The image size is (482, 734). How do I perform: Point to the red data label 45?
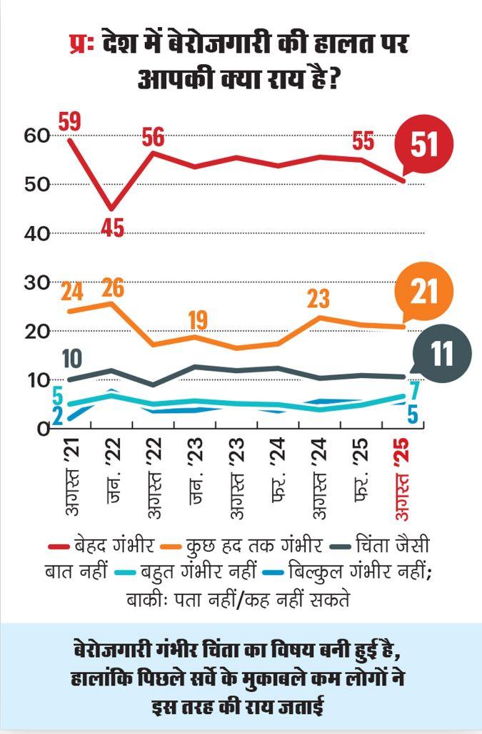[111, 228]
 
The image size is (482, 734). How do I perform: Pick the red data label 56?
[154, 137]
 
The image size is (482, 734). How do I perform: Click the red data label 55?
[363, 141]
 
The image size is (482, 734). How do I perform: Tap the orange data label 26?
[112, 288]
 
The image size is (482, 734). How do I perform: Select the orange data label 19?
[197, 320]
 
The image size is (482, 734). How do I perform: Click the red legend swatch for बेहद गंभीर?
[57, 546]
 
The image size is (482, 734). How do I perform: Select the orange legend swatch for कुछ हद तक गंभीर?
[169, 546]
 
